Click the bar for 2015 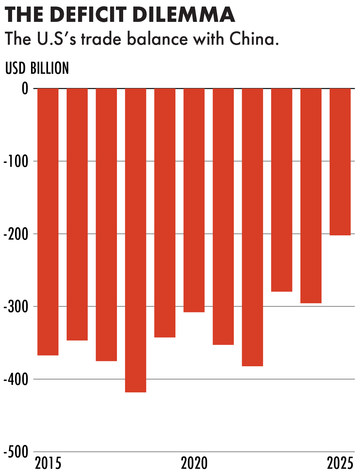coord(48,222)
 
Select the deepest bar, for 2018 coord(136,240)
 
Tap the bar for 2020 coord(194,200)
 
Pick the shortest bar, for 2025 coord(340,162)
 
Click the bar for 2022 coord(253,228)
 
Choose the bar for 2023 coord(282,190)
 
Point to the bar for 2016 coord(77,214)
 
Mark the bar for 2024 coord(311,196)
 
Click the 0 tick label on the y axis coord(25,88)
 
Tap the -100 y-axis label coord(16,161)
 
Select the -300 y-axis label coord(16,307)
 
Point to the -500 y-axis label coord(16,451)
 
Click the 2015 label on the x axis coord(48,463)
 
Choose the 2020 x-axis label coord(194,463)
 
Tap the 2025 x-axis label coord(340,463)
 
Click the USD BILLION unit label coord(37,68)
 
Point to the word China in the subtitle coord(254,39)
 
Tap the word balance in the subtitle coord(157,39)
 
